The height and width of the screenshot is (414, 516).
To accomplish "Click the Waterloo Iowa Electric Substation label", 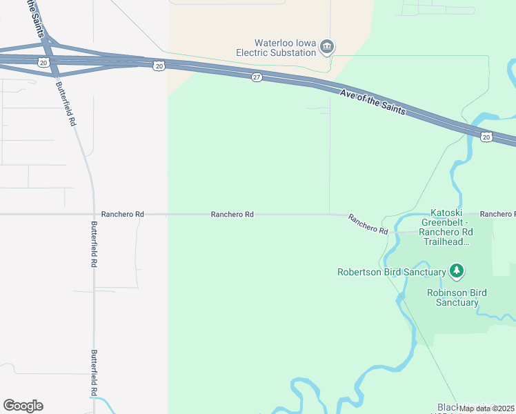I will tap(276, 48).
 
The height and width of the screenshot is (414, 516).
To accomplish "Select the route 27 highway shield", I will tap(257, 78).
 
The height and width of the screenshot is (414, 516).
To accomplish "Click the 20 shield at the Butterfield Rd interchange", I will tap(43, 62).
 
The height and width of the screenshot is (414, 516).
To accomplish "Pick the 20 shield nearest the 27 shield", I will tap(159, 66).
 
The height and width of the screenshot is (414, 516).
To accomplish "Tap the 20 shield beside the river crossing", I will tap(486, 137).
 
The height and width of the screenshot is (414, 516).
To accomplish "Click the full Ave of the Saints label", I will tap(373, 101).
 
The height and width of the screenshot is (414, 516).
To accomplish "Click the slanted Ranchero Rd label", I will tap(368, 224).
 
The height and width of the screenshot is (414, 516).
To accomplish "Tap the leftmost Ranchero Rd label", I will tap(122, 215).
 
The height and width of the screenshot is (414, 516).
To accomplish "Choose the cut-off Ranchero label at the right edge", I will tap(497, 215).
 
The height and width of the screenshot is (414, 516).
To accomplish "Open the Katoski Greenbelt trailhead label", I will tap(450, 228).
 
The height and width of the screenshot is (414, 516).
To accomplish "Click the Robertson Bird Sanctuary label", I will tap(391, 272).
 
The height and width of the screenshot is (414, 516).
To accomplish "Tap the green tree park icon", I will tap(456, 270).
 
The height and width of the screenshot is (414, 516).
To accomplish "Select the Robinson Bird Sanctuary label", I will tap(457, 297).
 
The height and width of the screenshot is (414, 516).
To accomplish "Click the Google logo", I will tap(23, 405).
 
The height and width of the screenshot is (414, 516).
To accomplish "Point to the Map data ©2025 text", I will tap(486, 408).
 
